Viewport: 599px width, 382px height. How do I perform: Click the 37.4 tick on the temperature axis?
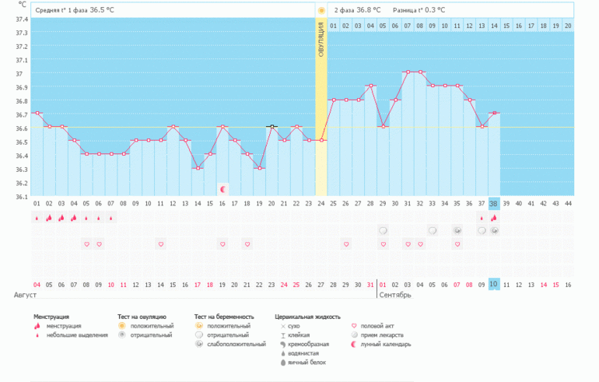[22, 19]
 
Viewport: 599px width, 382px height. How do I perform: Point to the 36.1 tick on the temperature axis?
[22, 197]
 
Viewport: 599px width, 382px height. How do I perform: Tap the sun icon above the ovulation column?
[321, 10]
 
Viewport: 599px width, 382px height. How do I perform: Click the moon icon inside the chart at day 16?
[222, 188]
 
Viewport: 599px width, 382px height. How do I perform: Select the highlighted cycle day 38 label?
[494, 204]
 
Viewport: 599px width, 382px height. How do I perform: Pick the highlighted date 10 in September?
[494, 285]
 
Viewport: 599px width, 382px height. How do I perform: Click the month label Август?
[26, 296]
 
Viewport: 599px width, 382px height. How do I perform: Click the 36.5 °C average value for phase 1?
[107, 10]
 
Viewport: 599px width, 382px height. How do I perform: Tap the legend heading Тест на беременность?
[224, 317]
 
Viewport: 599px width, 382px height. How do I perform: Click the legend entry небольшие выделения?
[75, 335]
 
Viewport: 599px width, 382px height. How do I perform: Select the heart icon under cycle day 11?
[161, 244]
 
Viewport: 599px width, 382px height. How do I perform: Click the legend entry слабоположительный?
[241, 344]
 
